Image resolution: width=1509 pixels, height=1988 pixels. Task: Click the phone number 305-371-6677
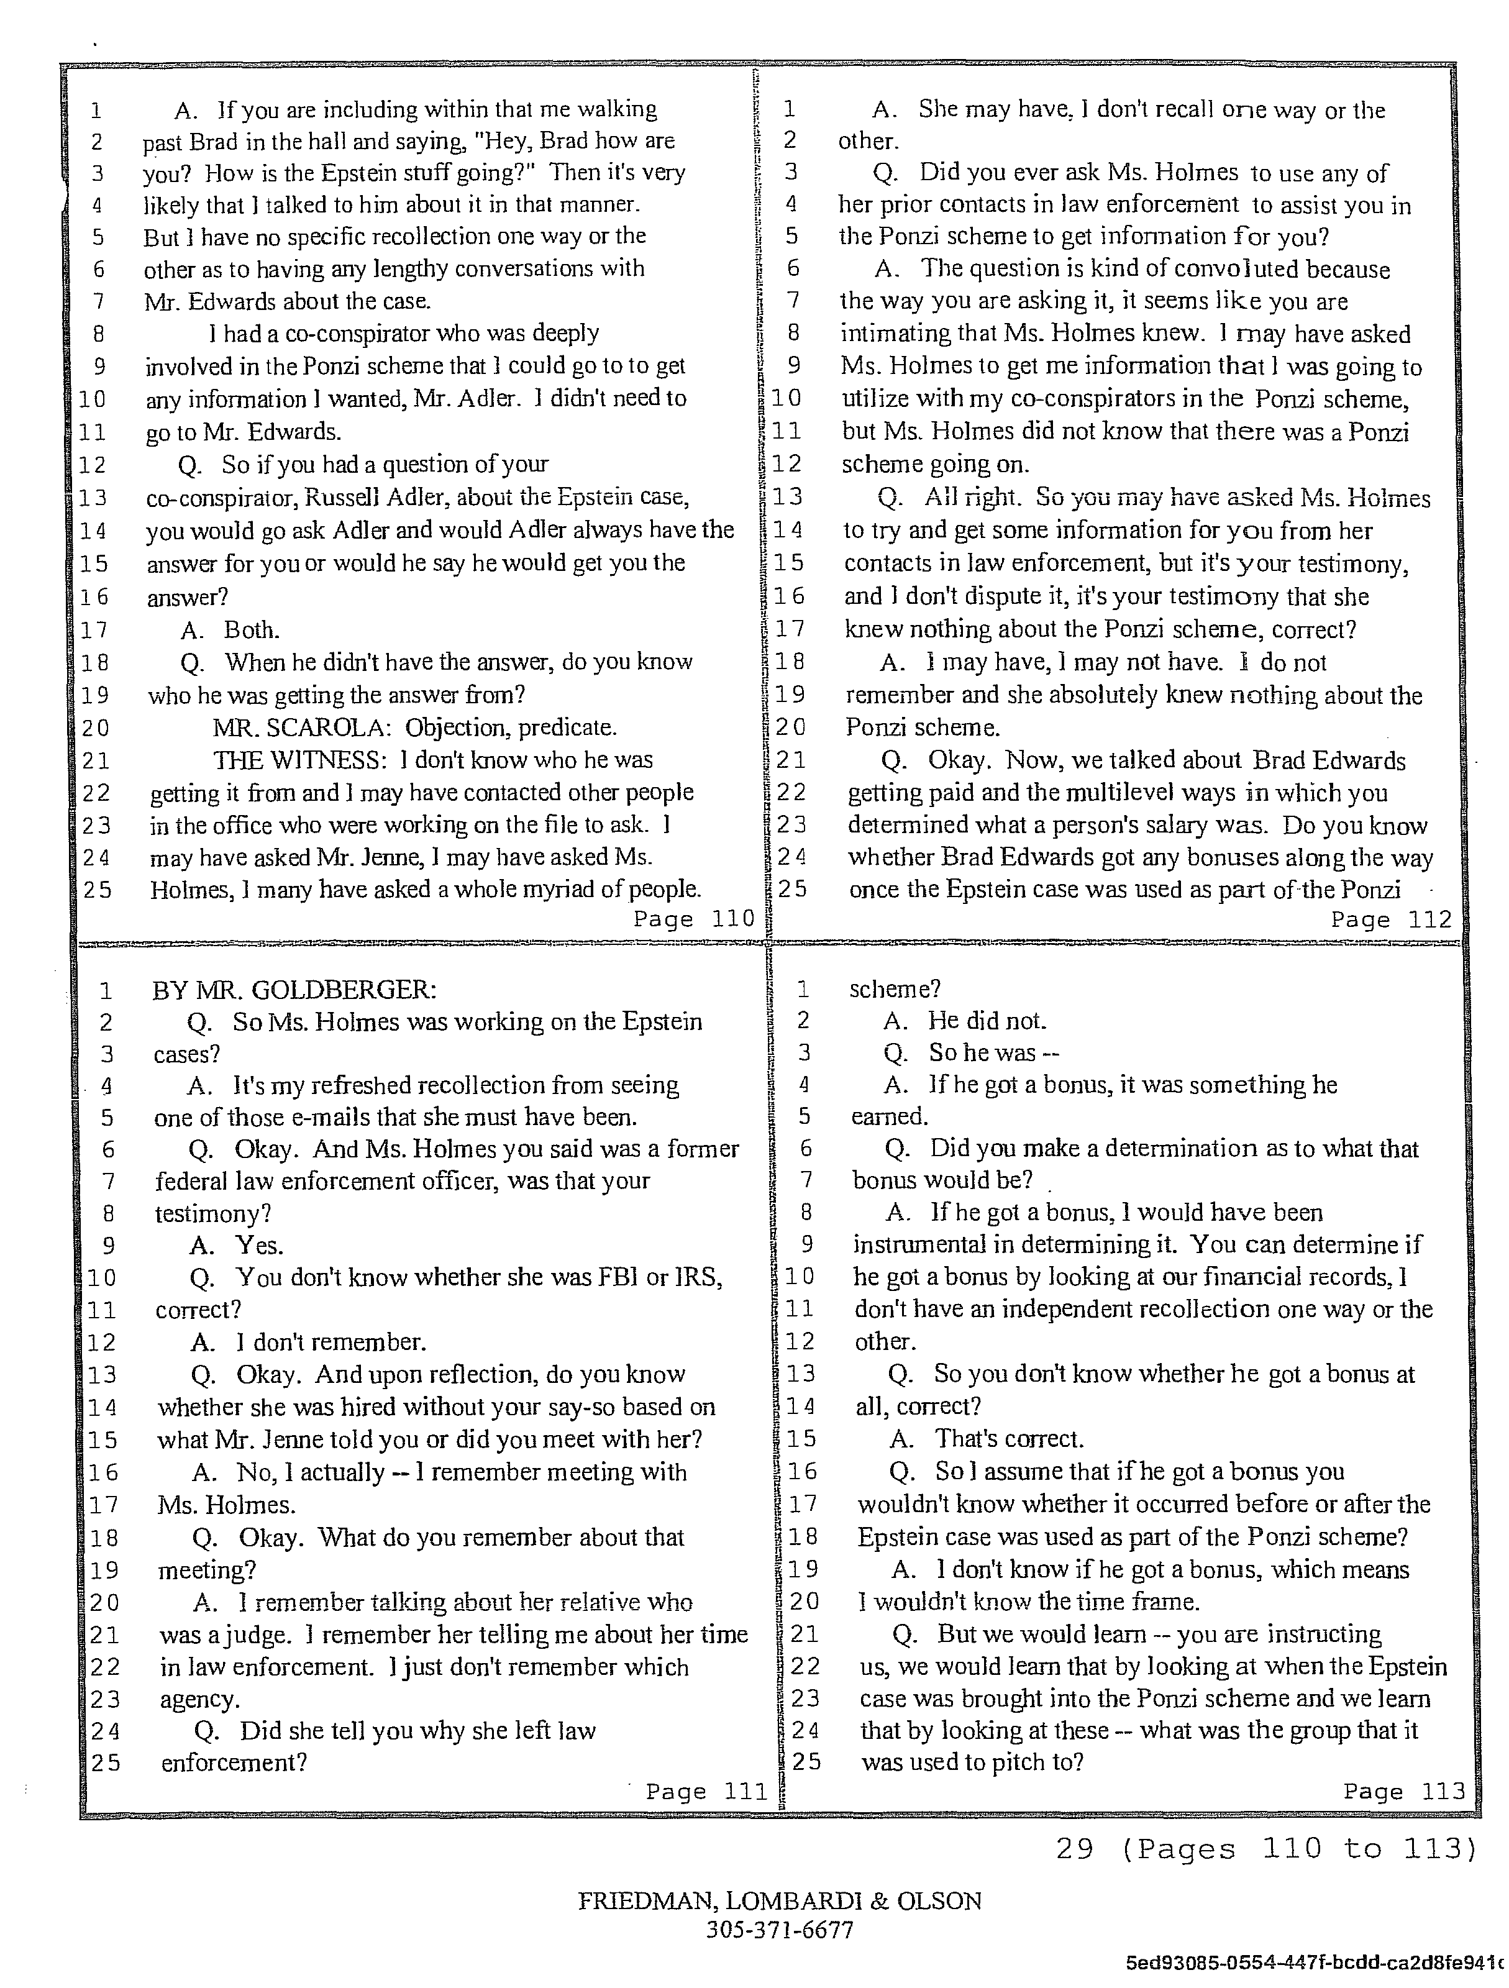(x=779, y=1930)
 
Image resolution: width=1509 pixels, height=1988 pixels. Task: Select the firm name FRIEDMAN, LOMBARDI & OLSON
(x=779, y=1901)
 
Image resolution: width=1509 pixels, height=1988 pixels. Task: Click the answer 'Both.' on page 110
(x=252, y=630)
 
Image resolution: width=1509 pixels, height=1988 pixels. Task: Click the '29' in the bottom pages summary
(x=1074, y=1849)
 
